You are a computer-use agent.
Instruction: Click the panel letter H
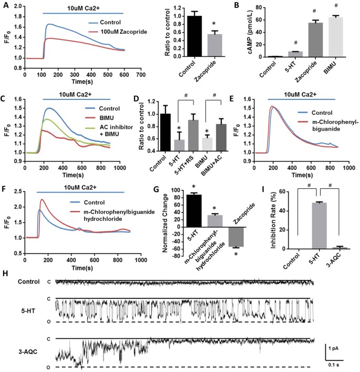tap(5, 273)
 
